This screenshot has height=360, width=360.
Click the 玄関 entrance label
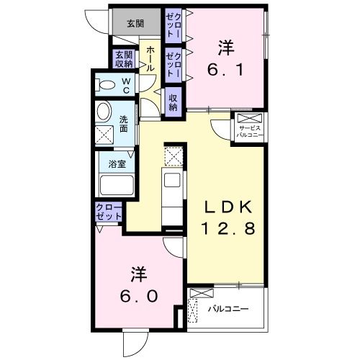point(135,23)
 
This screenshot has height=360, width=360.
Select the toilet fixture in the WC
point(106,85)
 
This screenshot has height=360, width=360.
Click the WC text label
point(125,86)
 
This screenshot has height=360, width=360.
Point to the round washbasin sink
point(104,112)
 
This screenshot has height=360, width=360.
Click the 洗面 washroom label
point(123,124)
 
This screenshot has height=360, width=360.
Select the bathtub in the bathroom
point(114,184)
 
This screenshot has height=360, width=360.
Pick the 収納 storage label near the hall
point(174,102)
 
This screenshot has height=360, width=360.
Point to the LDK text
point(225,206)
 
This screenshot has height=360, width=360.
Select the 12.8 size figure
point(225,230)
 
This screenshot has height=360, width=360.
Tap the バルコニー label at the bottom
point(228,309)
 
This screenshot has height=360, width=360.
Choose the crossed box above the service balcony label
point(246,119)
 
